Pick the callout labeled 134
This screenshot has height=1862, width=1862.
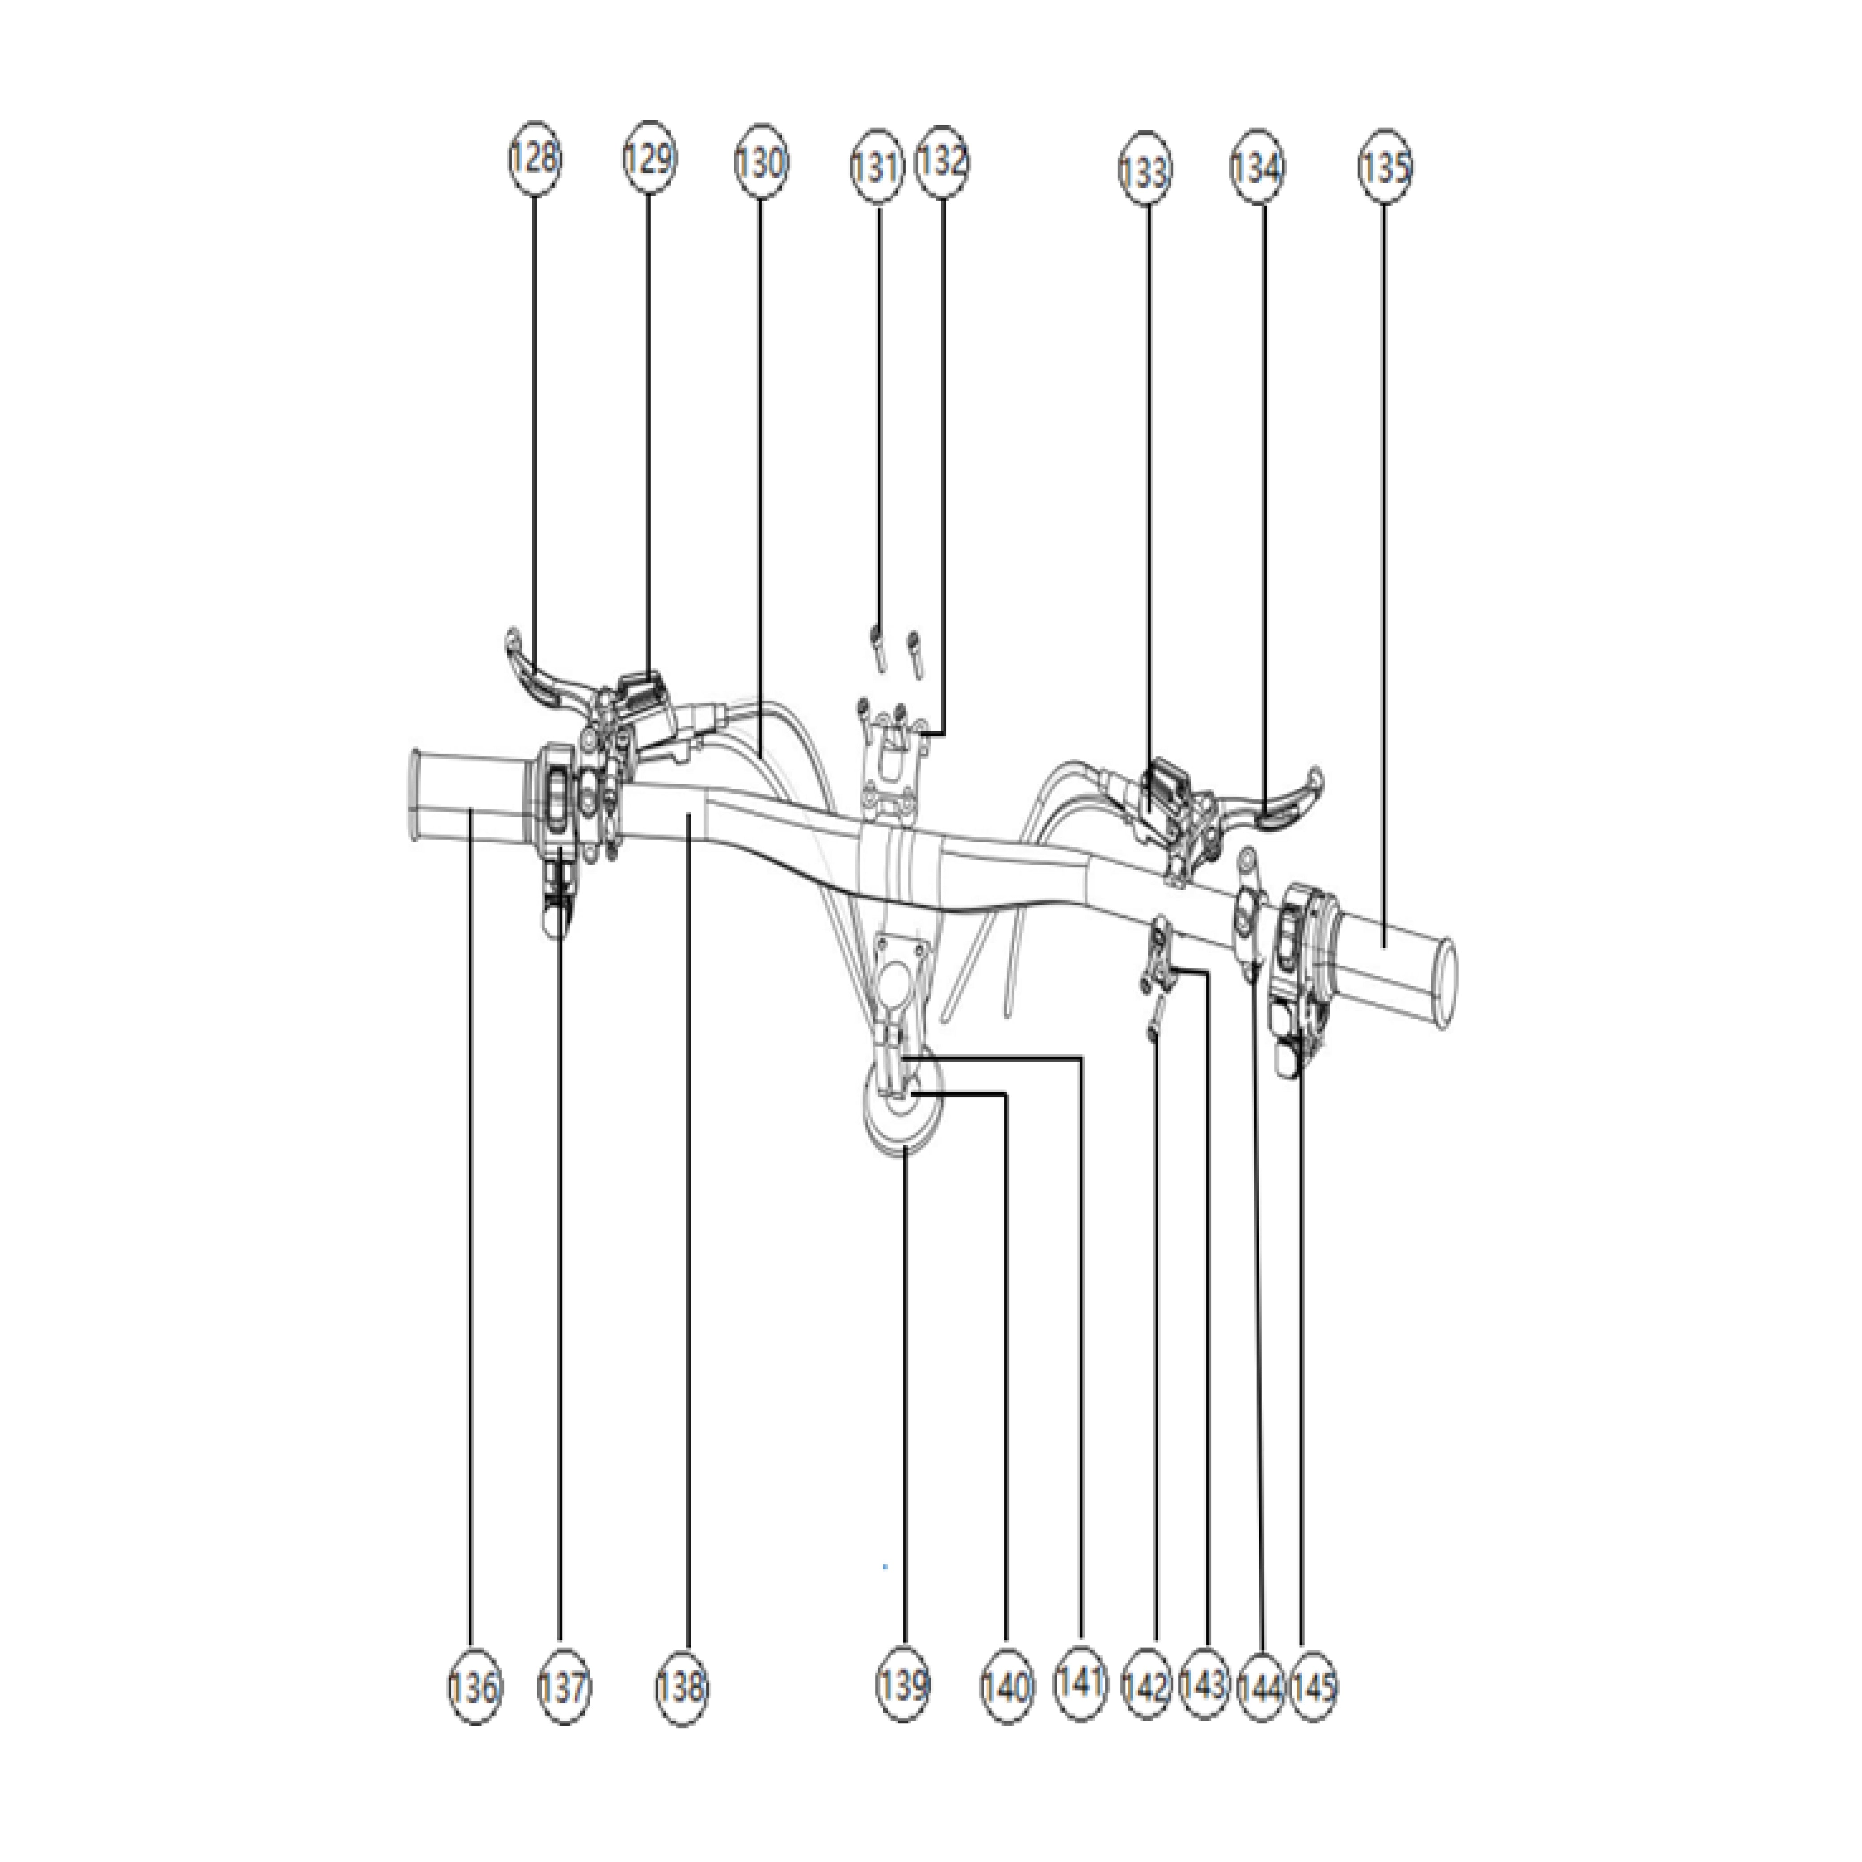1258,168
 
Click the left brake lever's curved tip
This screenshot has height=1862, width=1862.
514,638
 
